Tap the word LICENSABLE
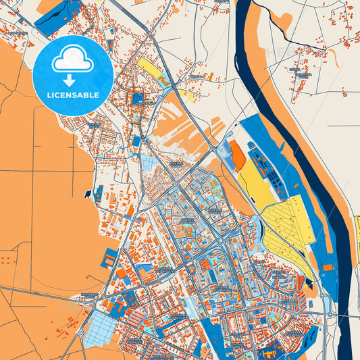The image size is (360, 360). [72, 94]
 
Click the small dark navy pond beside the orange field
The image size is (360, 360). [87, 194]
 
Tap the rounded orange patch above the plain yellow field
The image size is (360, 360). [238, 156]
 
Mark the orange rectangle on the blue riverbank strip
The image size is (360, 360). [328, 267]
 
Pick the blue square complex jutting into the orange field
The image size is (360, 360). [107, 258]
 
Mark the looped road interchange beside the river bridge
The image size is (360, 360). [327, 308]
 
